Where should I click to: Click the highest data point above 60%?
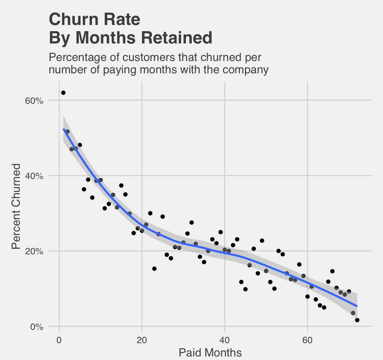coord(63,93)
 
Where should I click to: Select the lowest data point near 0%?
coord(357,320)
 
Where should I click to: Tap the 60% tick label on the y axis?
coord(34,101)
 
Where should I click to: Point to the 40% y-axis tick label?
coord(34,176)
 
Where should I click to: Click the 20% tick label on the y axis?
coord(34,251)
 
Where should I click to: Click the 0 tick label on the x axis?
coord(59,341)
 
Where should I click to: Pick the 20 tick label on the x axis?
coord(142,341)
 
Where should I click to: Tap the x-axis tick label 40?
coord(225,341)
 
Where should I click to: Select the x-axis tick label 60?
coord(307,341)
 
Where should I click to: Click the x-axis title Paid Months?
coord(210,353)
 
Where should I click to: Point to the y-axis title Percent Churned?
coord(16,206)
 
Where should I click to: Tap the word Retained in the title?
coord(177,38)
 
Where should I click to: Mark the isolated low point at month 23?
coord(154,269)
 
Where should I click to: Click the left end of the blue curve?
coord(64,129)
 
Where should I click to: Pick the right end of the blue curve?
coord(357,306)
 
